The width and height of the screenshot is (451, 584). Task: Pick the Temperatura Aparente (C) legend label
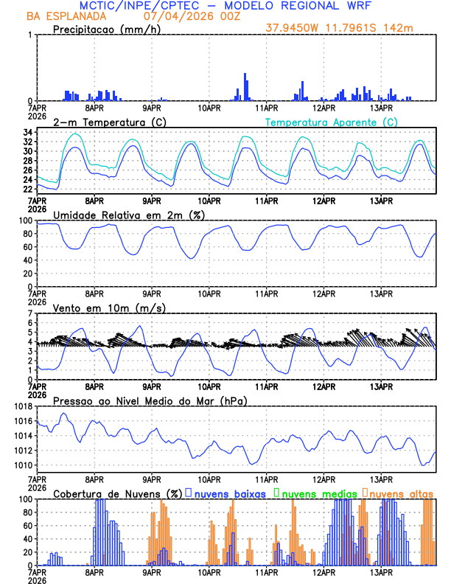[332, 122]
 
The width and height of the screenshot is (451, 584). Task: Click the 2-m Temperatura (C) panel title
[103, 122]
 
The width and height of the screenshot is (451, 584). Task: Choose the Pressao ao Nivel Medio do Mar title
[150, 400]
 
